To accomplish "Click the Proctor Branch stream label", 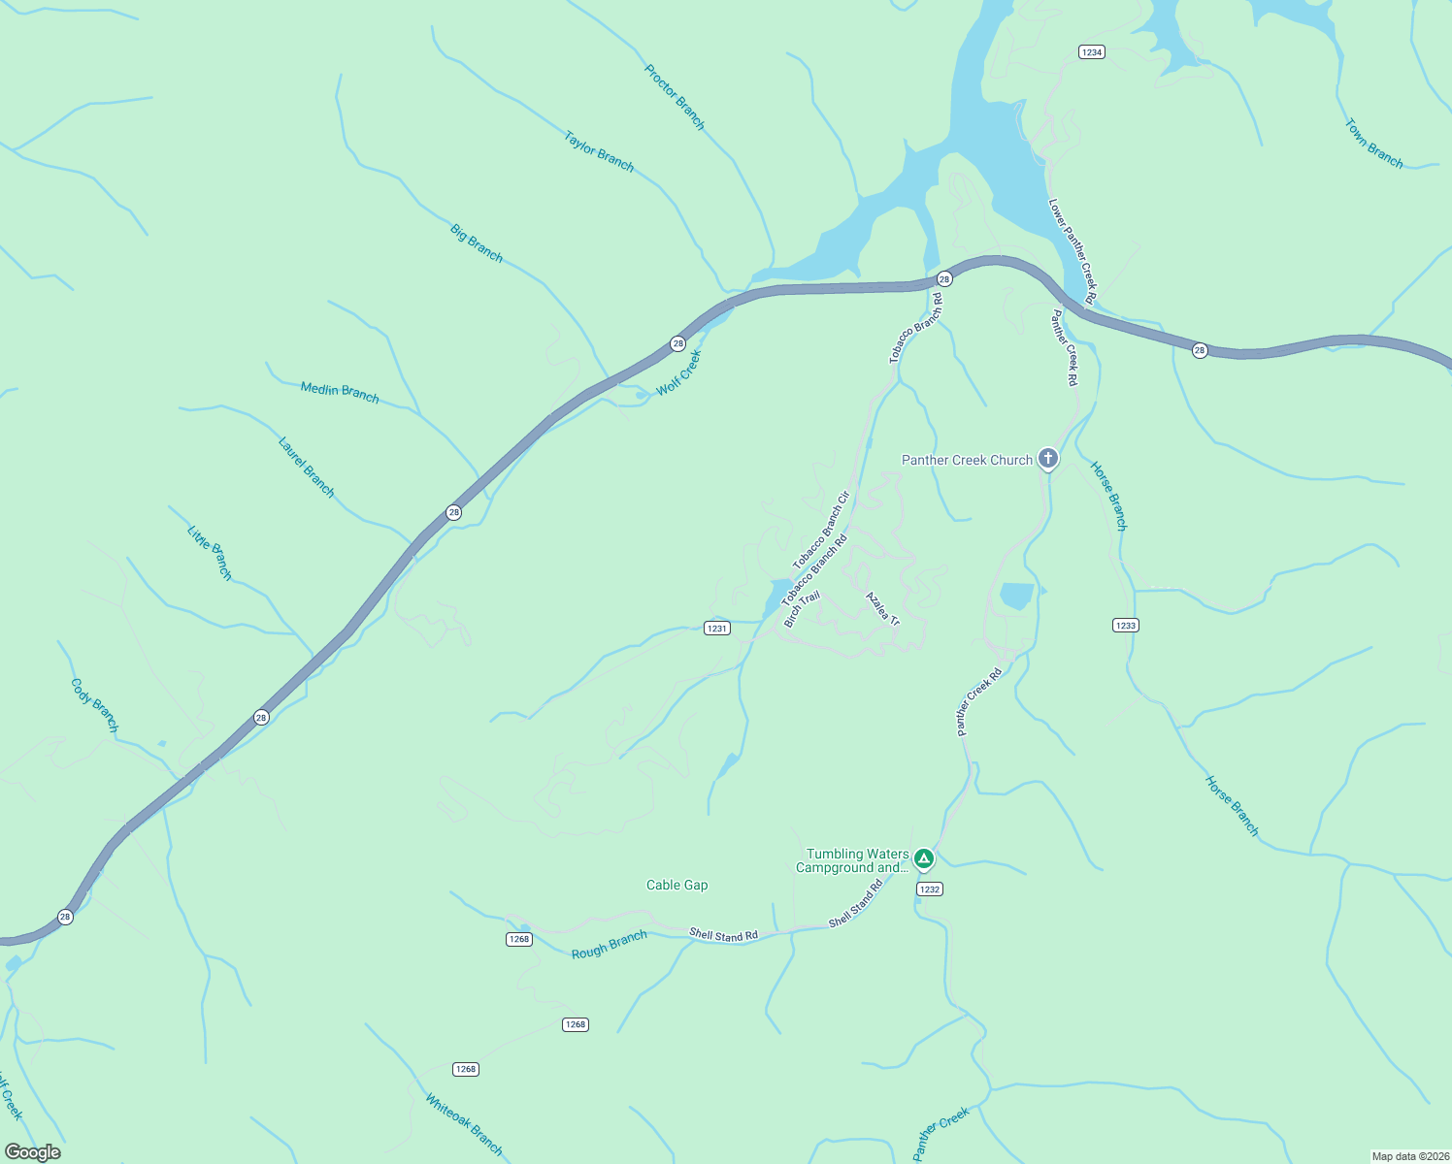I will (x=675, y=97).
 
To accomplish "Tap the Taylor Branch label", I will (x=599, y=152).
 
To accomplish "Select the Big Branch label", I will (x=477, y=242).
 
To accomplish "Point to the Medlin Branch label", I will (x=340, y=392).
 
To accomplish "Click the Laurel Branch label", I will (x=306, y=468).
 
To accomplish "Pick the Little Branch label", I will (x=210, y=553).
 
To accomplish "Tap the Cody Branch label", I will (x=95, y=705).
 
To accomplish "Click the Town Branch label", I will (x=1373, y=144).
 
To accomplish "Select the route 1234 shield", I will (x=1092, y=52).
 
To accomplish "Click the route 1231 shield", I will (x=716, y=629).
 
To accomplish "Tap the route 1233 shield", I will (x=1125, y=626).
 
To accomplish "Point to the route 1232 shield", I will (x=929, y=889).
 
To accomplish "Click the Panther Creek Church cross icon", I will (x=1047, y=458).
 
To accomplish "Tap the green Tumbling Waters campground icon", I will (x=924, y=858).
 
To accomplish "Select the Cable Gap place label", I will (x=676, y=885).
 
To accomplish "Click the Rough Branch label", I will (x=609, y=945).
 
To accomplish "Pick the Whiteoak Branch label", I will (x=464, y=1124).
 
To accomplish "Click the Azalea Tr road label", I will (x=882, y=608).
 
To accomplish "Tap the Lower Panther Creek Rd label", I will (x=1072, y=251).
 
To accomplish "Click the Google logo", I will (x=33, y=1152).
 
